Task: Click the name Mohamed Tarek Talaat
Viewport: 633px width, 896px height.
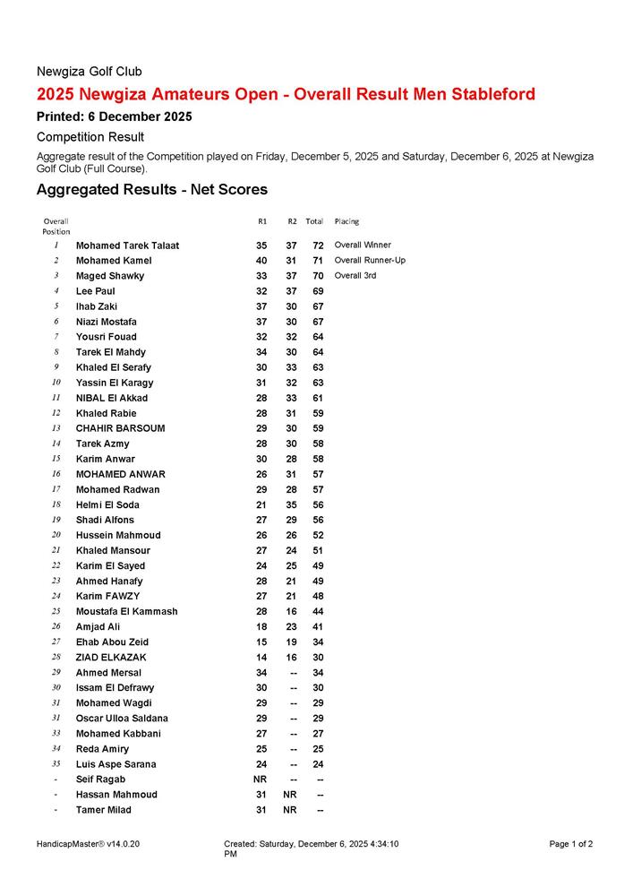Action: click(x=127, y=246)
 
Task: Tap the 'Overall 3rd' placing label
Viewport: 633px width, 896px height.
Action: click(x=355, y=276)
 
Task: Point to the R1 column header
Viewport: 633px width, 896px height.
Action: click(x=262, y=221)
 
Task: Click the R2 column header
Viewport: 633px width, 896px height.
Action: click(x=292, y=221)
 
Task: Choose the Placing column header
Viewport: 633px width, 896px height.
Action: click(x=346, y=221)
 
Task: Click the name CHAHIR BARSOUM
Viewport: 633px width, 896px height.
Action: click(x=120, y=428)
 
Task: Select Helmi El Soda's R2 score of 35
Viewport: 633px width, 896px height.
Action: click(x=291, y=505)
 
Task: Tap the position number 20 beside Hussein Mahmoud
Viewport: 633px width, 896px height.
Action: click(x=56, y=535)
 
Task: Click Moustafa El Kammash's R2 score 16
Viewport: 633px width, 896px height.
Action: click(x=291, y=612)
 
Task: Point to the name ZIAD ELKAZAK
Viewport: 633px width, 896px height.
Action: click(x=111, y=658)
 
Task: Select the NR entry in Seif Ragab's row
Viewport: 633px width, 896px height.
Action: click(x=261, y=780)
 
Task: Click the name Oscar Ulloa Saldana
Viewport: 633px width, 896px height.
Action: click(x=122, y=719)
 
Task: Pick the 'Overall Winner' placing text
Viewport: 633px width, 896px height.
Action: click(x=363, y=245)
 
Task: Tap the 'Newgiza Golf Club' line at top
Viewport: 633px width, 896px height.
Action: click(x=89, y=71)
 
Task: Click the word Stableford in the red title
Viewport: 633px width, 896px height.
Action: click(x=489, y=94)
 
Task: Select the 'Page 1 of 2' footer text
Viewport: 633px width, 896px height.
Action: click(x=571, y=844)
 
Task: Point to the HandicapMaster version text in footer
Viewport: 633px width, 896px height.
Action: click(x=89, y=844)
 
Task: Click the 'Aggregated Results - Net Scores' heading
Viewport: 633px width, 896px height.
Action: click(x=151, y=190)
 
